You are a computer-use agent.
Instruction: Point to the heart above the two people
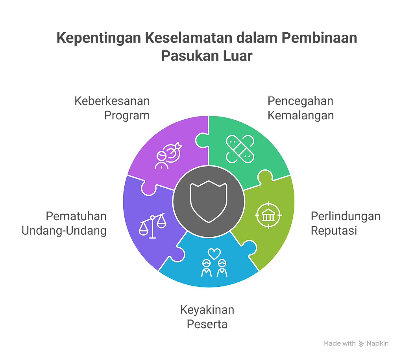click(x=213, y=253)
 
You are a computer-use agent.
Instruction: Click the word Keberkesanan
click(x=112, y=101)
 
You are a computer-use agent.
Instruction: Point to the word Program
click(x=127, y=116)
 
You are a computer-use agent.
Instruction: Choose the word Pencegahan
click(x=301, y=101)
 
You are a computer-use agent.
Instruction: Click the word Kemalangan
click(x=301, y=116)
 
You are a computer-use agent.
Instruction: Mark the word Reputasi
click(x=334, y=230)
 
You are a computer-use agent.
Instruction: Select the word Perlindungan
click(x=346, y=216)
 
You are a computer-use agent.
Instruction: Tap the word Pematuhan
click(x=76, y=216)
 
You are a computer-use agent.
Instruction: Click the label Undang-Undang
click(x=64, y=230)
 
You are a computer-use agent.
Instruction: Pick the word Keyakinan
click(x=207, y=310)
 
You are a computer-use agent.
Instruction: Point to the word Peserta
click(x=207, y=325)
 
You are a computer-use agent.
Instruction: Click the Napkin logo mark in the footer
click(x=361, y=343)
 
